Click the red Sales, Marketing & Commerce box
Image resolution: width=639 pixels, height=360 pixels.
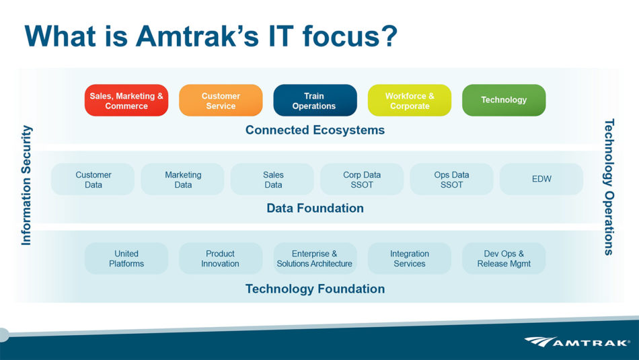pyautogui.click(x=126, y=100)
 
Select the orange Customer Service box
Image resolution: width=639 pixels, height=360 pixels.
pyautogui.click(x=221, y=100)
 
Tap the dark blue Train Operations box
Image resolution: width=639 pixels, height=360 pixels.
pyautogui.click(x=315, y=100)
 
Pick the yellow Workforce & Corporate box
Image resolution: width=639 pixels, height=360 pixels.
pyautogui.click(x=410, y=100)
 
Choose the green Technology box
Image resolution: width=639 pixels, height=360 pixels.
pyautogui.click(x=504, y=100)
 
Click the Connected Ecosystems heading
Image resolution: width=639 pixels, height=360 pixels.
pyautogui.click(x=315, y=130)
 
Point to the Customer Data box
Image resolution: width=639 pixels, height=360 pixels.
pyautogui.click(x=93, y=180)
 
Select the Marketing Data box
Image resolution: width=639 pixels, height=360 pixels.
pyautogui.click(x=182, y=180)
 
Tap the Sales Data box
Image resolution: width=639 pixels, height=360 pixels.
pyautogui.click(x=272, y=180)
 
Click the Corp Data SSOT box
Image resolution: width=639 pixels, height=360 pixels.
pyautogui.click(x=362, y=180)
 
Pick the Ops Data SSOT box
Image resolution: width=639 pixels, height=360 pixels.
pyautogui.click(x=451, y=180)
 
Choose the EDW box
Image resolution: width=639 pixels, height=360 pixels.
pyautogui.click(x=541, y=180)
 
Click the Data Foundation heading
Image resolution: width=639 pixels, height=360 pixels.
pyautogui.click(x=315, y=209)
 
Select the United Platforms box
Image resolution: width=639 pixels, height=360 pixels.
pyautogui.click(x=126, y=258)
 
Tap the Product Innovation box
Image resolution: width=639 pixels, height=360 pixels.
pyautogui.click(x=221, y=258)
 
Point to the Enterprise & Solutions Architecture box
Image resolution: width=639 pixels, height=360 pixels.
pyautogui.click(x=315, y=258)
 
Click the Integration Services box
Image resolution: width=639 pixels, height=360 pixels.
pyautogui.click(x=410, y=258)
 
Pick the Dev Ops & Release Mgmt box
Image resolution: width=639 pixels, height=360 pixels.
pyautogui.click(x=504, y=258)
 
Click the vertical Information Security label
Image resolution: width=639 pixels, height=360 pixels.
pyautogui.click(x=26, y=185)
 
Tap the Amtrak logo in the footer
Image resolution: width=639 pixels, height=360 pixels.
pyautogui.click(x=577, y=342)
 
